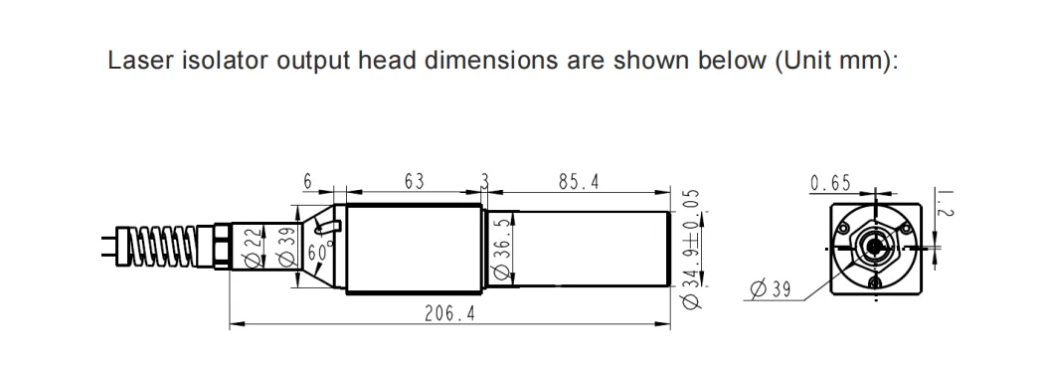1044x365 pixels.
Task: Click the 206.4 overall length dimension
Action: [450, 313]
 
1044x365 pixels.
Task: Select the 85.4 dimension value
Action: [579, 182]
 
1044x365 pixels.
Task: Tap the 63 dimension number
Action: [414, 182]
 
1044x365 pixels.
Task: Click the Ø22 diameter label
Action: [251, 251]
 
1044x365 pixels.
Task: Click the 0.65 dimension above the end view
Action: [830, 183]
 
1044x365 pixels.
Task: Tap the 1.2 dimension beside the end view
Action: [947, 204]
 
